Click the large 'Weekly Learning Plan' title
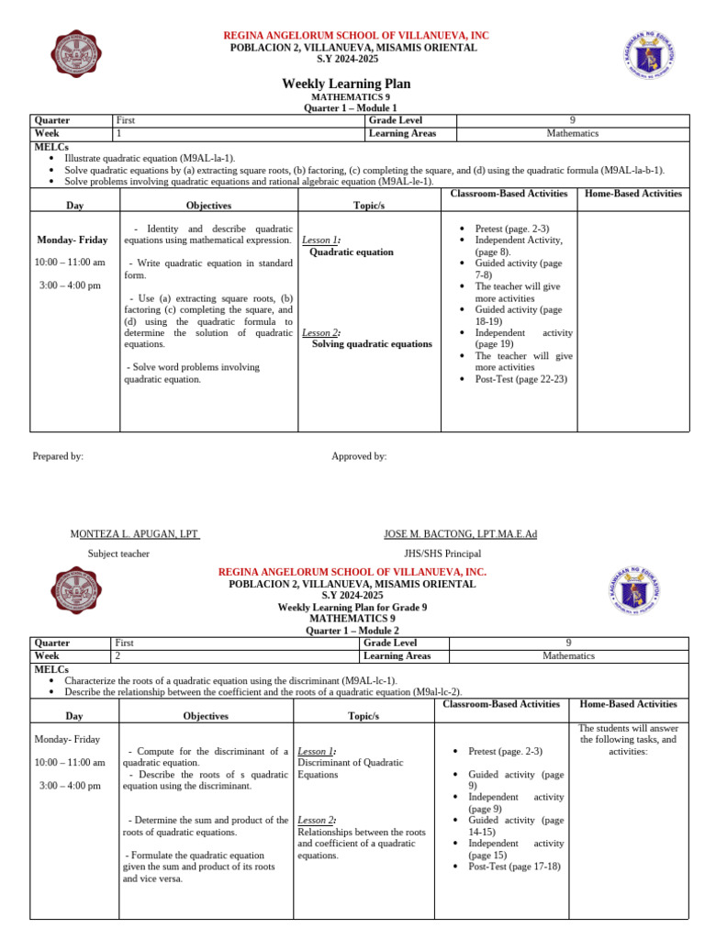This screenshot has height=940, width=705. [x=346, y=84]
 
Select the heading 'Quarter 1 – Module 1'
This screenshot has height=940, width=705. [x=346, y=107]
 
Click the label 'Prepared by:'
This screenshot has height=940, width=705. [x=58, y=456]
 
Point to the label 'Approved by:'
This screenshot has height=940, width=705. [x=359, y=456]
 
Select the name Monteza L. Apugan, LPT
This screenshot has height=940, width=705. [x=135, y=534]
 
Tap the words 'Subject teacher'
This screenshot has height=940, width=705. [x=118, y=554]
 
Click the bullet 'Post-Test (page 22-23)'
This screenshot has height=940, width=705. [x=521, y=378]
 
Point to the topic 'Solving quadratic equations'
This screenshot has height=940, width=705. [x=372, y=343]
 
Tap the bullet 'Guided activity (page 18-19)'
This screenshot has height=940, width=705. [x=518, y=316]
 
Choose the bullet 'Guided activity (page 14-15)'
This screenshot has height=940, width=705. [x=516, y=825]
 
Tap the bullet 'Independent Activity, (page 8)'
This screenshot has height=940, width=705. [x=519, y=245]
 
